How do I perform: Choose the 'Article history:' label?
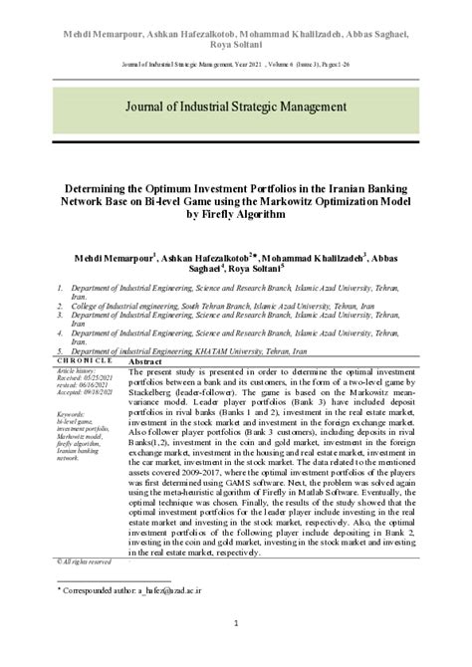(x=78, y=369)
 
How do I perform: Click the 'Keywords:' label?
(x=71, y=413)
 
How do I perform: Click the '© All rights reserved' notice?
(x=84, y=561)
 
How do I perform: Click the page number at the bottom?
(x=236, y=624)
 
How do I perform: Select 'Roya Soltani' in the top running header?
(x=236, y=31)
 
